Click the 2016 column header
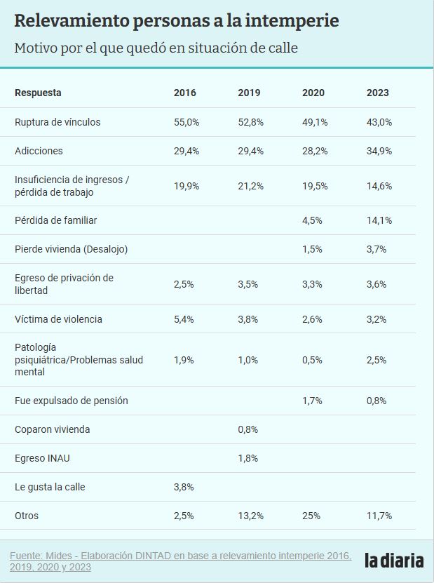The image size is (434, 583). (185, 93)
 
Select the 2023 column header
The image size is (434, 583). (377, 93)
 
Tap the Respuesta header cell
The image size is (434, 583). (38, 93)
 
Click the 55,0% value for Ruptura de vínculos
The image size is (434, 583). (187, 122)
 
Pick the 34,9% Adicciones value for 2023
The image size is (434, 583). (379, 151)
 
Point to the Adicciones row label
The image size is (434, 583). (39, 151)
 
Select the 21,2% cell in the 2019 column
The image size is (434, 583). (250, 186)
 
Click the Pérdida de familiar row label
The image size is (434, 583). (55, 220)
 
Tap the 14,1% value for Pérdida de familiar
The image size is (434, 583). (379, 220)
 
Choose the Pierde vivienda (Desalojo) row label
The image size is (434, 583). (71, 249)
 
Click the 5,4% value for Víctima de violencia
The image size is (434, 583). (184, 319)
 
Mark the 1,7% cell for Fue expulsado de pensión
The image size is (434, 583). (312, 401)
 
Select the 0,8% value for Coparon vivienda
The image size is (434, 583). (248, 429)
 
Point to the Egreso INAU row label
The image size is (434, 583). (42, 458)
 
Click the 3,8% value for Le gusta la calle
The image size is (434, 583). (184, 487)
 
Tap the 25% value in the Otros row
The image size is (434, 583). (310, 516)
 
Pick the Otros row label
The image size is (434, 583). (27, 516)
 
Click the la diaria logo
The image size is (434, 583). (394, 560)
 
